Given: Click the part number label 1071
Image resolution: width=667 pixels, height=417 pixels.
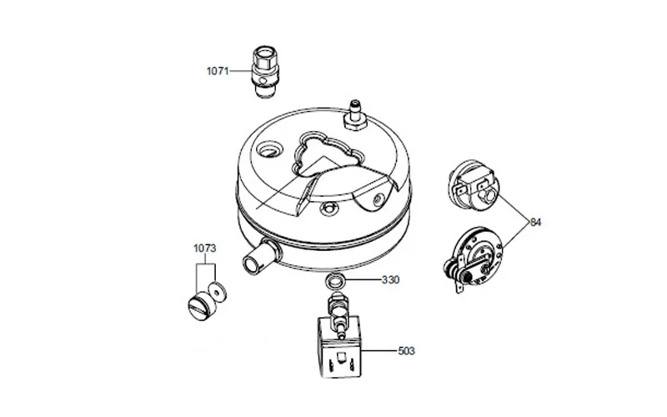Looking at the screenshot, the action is tap(218, 71).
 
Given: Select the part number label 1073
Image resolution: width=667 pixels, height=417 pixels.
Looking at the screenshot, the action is tap(204, 248).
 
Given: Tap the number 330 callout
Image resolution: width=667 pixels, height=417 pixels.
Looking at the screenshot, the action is tap(390, 280).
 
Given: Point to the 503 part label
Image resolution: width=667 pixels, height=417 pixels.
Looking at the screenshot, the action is tap(406, 351).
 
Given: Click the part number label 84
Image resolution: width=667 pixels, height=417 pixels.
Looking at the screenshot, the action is tap(535, 222).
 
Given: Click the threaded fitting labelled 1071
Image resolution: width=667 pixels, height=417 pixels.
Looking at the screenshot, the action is tap(264, 72).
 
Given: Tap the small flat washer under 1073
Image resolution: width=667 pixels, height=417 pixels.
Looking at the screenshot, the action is tap(218, 291).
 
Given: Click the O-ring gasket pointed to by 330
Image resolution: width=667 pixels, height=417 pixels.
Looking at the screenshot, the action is tap(335, 280).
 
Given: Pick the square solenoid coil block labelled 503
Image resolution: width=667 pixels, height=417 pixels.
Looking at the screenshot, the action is tap(340, 347).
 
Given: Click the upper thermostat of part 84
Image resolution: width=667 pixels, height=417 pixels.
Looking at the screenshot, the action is tap(474, 183).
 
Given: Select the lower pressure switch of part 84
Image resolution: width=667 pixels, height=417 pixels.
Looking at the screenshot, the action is tap(472, 259).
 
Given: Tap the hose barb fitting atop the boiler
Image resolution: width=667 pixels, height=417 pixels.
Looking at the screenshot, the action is tap(354, 115).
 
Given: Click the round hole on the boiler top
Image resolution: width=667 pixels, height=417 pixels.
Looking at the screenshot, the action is tap(269, 150).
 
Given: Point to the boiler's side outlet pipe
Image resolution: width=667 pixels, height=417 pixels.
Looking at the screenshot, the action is tap(261, 257).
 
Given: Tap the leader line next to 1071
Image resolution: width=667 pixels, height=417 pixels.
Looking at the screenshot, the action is tap(240, 71).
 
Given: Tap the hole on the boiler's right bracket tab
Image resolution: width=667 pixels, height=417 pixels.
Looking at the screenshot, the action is tap(378, 198).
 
